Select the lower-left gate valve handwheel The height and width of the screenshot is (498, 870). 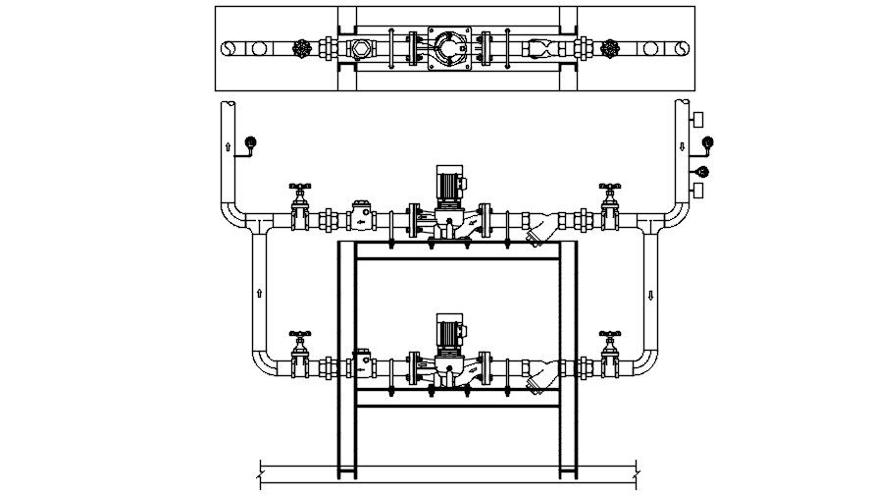point(300,336)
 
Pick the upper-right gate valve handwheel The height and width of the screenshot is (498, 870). point(611,185)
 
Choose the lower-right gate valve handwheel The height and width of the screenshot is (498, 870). point(611,336)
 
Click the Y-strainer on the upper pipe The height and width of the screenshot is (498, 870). point(538,232)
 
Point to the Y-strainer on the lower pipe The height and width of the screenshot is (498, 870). point(538,378)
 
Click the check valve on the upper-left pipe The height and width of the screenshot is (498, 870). point(363,214)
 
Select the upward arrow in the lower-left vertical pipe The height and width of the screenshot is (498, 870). point(260,292)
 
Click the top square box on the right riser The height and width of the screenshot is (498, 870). point(698,119)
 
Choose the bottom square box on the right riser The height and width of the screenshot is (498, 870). point(698,190)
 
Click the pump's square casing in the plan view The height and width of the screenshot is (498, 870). point(453,47)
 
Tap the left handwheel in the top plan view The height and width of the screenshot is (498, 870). point(302,47)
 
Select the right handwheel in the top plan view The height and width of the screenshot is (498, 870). point(612,47)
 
